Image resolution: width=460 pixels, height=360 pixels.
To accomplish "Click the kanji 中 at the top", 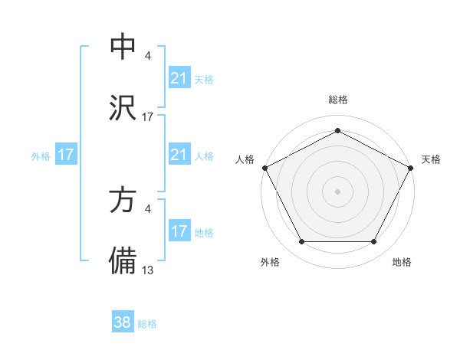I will point(123,47).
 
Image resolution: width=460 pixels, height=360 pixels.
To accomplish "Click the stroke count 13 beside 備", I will point(148,269).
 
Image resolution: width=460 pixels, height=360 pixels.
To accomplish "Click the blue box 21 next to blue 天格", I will point(179,78).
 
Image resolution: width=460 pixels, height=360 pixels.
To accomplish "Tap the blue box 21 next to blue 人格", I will point(179,155).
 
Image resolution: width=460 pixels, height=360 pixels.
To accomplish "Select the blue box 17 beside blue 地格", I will point(179,231).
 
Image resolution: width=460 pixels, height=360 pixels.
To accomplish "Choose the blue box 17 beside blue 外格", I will point(66,155).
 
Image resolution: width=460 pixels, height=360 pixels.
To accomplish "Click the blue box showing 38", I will point(123,322).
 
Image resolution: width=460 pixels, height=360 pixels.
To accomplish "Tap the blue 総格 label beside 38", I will point(147,324).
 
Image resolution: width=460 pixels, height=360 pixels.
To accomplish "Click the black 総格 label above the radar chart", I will point(338,100).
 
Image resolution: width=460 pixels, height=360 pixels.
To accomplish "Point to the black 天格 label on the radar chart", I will point(431,159).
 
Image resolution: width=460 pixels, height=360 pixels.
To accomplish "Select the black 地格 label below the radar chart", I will point(402,262).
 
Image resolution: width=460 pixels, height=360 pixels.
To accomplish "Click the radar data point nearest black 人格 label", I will point(264,167).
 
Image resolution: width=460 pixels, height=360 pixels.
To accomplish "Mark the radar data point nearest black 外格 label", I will point(301,242).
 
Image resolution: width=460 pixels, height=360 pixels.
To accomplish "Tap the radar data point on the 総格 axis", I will point(338,131).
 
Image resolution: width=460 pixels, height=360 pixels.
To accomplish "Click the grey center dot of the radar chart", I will point(338,191).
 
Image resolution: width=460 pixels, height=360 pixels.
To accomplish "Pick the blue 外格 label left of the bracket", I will point(40,155).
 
